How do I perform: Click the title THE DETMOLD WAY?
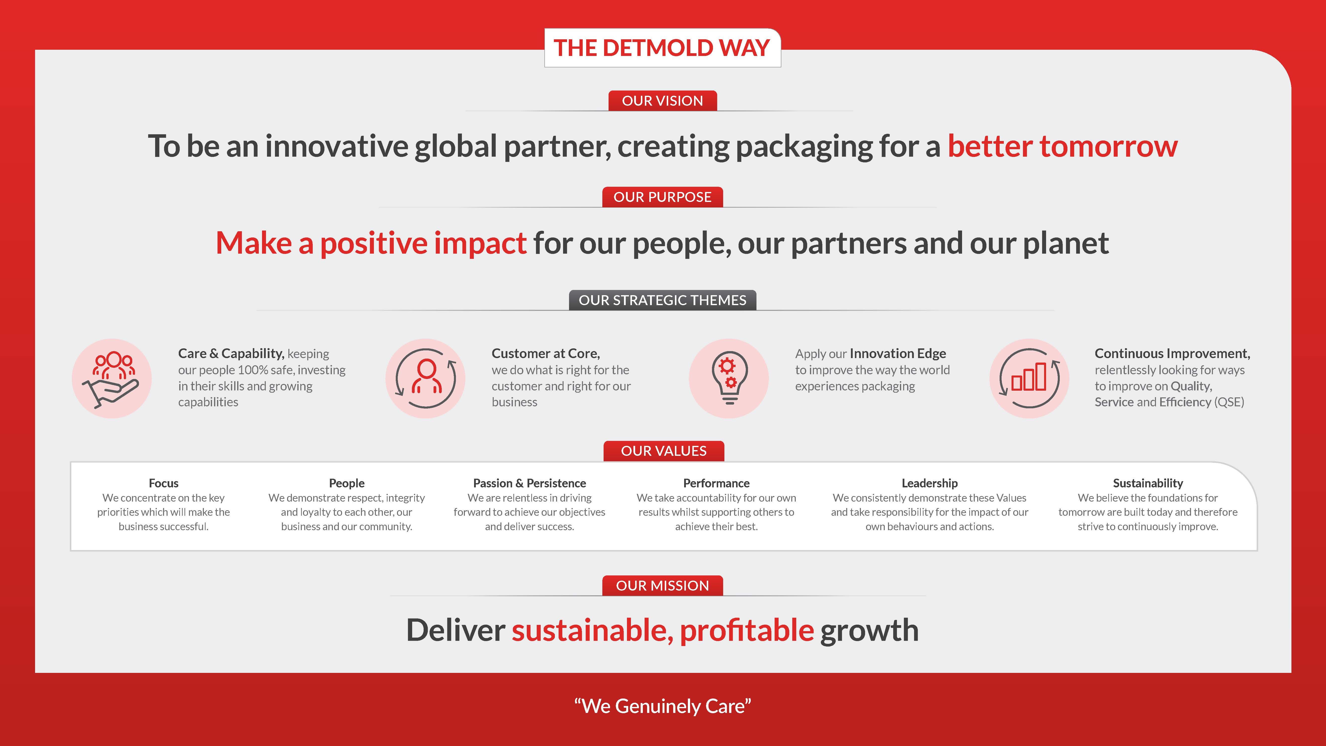pyautogui.click(x=662, y=48)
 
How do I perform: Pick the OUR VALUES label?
pyautogui.click(x=663, y=451)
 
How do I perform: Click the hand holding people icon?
pyautogui.click(x=112, y=378)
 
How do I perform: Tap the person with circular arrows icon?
pyautogui.click(x=426, y=378)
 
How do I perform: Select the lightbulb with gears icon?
pyautogui.click(x=729, y=378)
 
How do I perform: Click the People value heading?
pyautogui.click(x=347, y=483)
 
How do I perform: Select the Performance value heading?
pyautogui.click(x=716, y=483)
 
